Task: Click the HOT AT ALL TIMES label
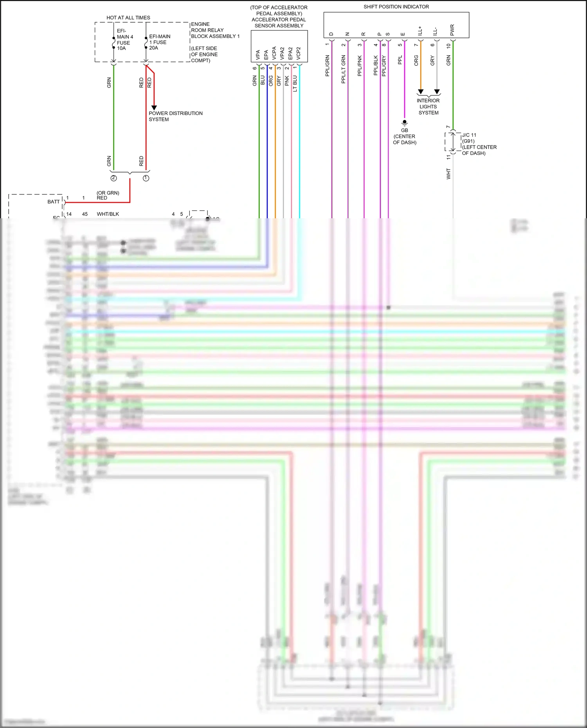tap(128, 18)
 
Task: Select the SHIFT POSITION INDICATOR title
tap(396, 7)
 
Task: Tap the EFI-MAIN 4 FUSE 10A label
tap(124, 40)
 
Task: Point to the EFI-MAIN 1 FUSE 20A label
tap(159, 42)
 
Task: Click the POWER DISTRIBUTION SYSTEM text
tap(175, 116)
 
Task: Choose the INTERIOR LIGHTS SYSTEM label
tap(428, 106)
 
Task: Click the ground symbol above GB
tap(405, 123)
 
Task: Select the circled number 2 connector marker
tap(113, 178)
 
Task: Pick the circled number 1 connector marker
tap(146, 178)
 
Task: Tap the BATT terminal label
tap(54, 202)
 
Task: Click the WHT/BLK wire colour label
tap(108, 214)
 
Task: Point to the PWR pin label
tap(452, 30)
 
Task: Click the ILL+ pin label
tap(420, 31)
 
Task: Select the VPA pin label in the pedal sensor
tap(258, 55)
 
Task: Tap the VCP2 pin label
tap(299, 54)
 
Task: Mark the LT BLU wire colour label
tap(295, 84)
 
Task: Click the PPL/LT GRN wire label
tap(344, 69)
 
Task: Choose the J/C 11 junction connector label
tap(469, 135)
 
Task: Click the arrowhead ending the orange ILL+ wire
tap(421, 92)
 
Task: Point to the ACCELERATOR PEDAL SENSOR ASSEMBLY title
tap(279, 16)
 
